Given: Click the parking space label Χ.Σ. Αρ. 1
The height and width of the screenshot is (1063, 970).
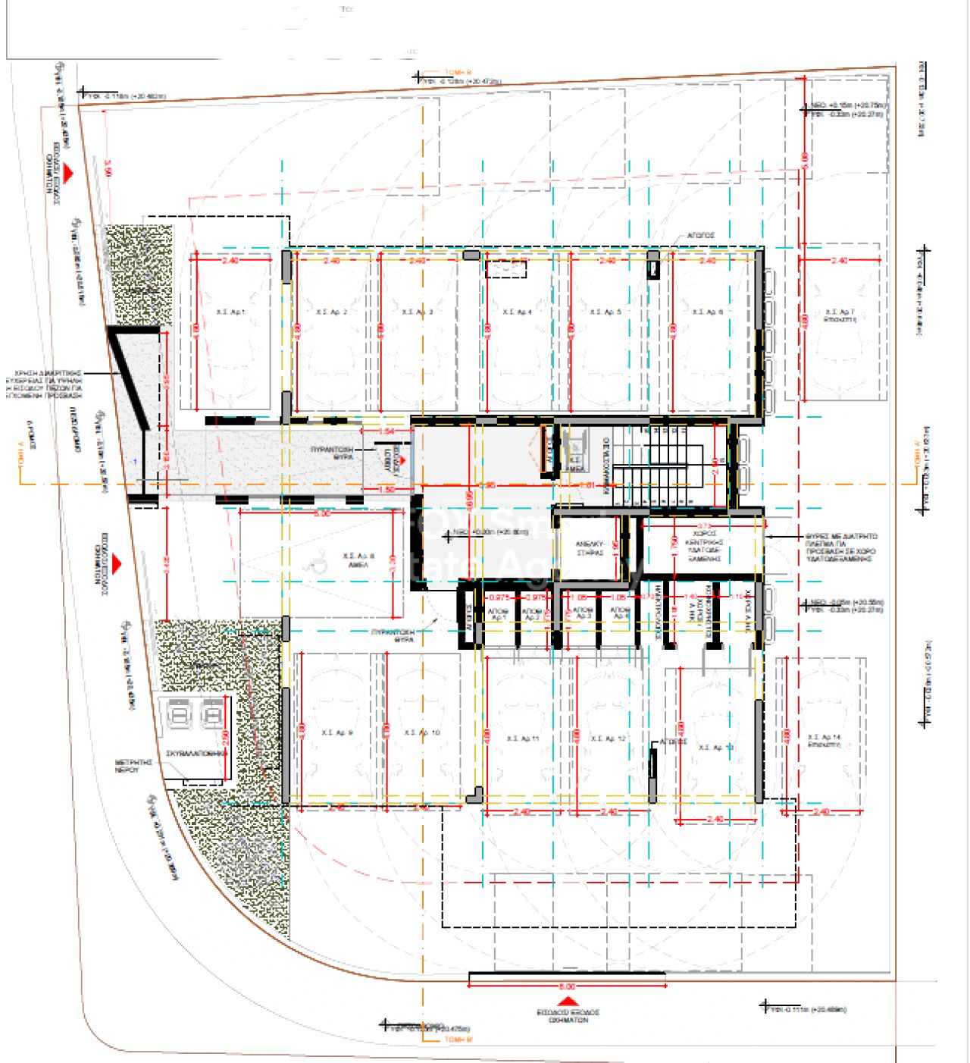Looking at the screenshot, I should tap(230, 312).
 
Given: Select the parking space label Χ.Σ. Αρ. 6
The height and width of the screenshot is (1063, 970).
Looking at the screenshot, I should tap(708, 312).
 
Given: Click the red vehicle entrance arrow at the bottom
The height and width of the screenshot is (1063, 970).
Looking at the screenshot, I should tap(564, 1002).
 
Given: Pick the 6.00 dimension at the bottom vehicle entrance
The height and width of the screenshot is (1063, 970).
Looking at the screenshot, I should tap(567, 986).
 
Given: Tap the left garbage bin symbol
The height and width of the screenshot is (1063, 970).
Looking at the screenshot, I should tap(180, 714).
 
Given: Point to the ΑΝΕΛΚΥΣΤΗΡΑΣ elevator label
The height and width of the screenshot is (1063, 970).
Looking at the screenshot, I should tap(590, 548).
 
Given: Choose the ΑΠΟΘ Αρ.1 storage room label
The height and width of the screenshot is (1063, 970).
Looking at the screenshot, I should tap(498, 614).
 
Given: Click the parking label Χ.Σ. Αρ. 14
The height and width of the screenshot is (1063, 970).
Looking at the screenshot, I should tap(824, 740).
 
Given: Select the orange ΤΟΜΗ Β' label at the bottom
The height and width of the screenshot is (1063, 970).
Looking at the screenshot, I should tap(458, 1039).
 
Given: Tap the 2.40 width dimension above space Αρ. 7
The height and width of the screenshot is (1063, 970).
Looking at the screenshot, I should tap(839, 261).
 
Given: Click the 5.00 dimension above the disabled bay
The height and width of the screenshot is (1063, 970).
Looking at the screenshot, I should tap(322, 513).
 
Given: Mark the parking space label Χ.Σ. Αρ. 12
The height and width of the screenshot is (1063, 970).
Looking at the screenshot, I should tap(608, 738).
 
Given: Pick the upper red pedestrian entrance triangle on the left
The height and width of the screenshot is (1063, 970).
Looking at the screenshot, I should tap(68, 174).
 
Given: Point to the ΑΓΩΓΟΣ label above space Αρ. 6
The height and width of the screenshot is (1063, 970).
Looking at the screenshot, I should tap(701, 236).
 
